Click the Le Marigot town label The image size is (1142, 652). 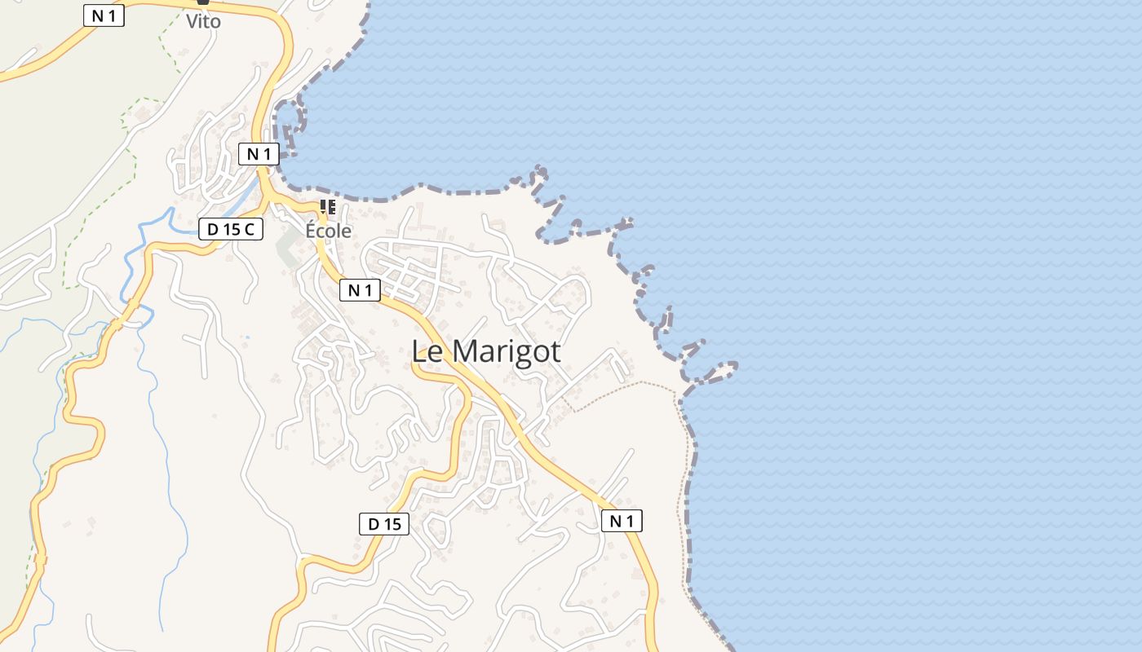[x=486, y=351]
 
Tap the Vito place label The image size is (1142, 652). [x=203, y=22]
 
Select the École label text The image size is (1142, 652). [x=328, y=231]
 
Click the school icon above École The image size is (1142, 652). [x=328, y=207]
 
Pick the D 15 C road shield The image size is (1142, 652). [x=231, y=229]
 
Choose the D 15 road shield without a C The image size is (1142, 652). [x=384, y=524]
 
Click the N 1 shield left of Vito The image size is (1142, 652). [x=104, y=15]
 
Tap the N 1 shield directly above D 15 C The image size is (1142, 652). [x=259, y=153]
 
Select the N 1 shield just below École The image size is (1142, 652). [x=360, y=289]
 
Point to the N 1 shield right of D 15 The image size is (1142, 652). [x=622, y=520]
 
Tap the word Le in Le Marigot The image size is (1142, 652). [x=427, y=351]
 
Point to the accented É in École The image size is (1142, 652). [x=312, y=230]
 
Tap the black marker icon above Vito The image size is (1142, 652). [x=203, y=2]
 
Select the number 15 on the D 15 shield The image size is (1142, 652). [x=392, y=524]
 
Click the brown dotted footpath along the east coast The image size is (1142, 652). [x=682, y=489]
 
